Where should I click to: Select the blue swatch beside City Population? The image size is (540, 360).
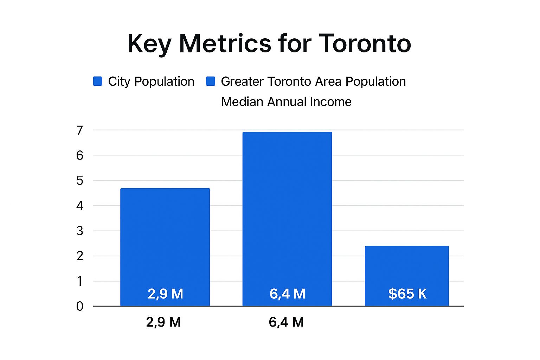(97, 81)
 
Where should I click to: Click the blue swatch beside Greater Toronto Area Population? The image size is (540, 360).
(210, 81)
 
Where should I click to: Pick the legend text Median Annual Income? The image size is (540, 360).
(286, 102)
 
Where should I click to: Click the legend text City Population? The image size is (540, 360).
(151, 82)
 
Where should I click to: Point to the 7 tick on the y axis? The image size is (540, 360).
(80, 130)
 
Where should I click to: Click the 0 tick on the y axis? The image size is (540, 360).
(80, 306)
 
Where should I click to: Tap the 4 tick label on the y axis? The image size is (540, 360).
(80, 206)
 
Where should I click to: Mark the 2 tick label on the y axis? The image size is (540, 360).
(80, 256)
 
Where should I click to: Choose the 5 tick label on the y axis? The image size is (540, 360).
(80, 181)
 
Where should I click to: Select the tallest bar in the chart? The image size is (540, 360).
(287, 211)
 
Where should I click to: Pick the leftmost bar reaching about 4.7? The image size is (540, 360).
(165, 239)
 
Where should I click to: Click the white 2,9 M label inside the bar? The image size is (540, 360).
(165, 294)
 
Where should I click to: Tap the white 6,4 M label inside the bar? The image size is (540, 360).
(287, 294)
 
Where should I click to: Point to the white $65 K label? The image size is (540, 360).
(407, 294)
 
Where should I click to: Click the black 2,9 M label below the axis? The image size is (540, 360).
(163, 322)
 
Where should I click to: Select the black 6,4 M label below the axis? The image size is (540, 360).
(286, 322)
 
